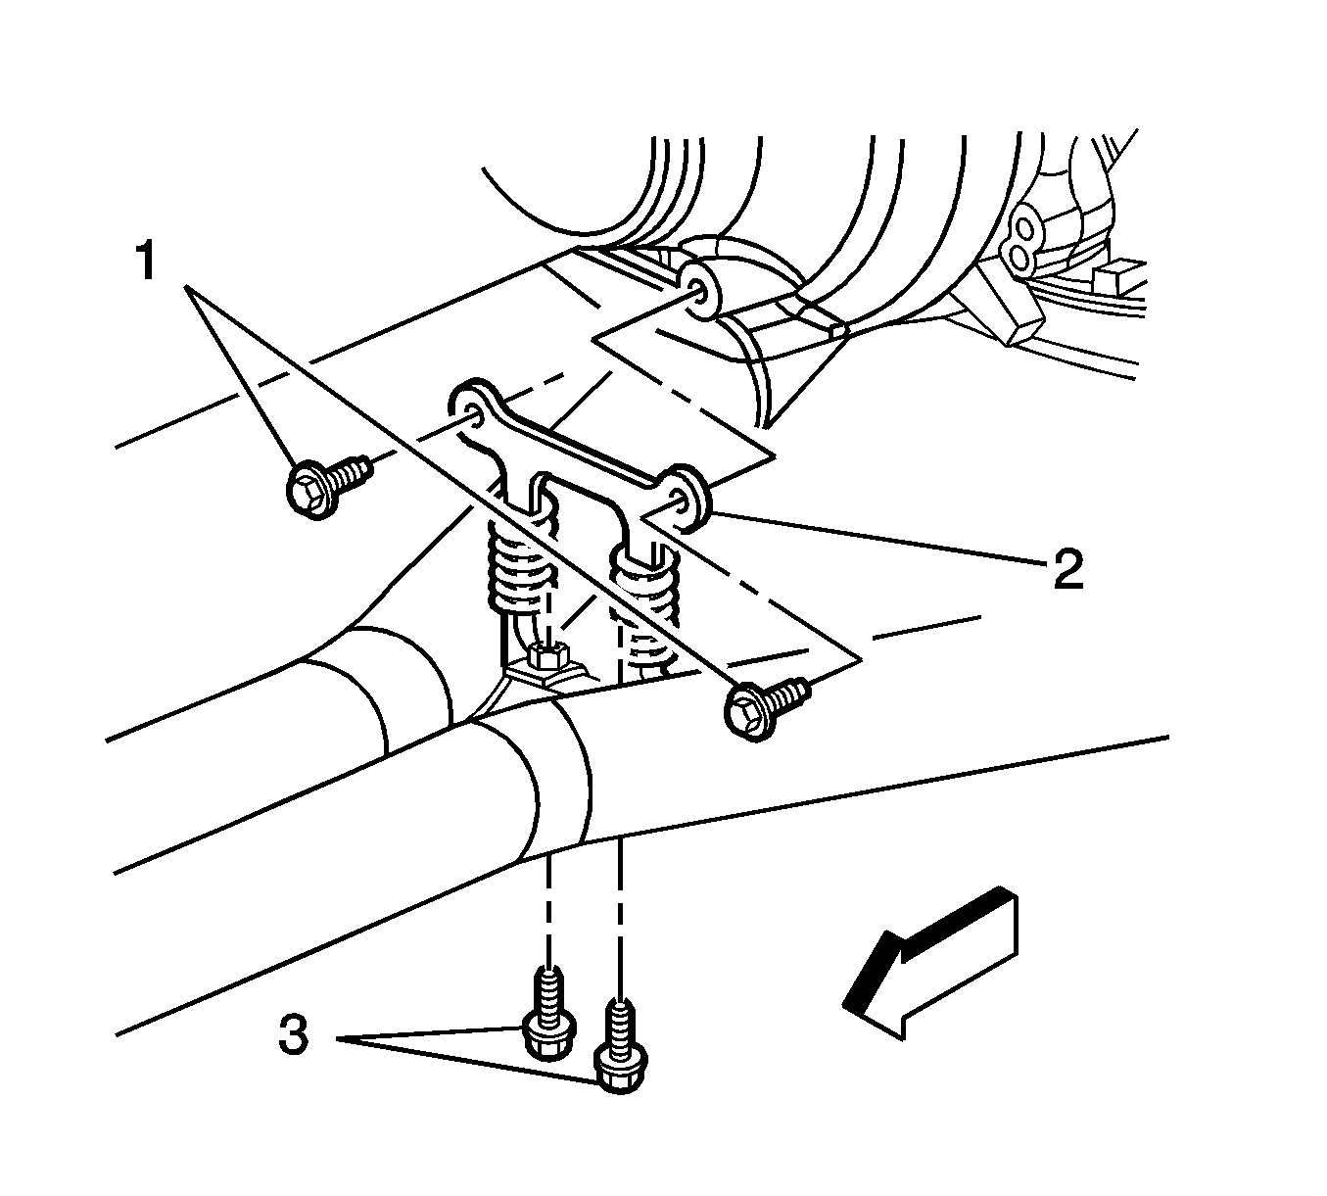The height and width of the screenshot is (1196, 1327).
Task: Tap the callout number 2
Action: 1067,568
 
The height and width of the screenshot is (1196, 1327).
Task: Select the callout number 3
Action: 293,1035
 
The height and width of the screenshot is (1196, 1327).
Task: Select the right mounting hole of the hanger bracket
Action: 678,498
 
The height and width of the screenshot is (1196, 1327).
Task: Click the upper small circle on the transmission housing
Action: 1024,229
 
